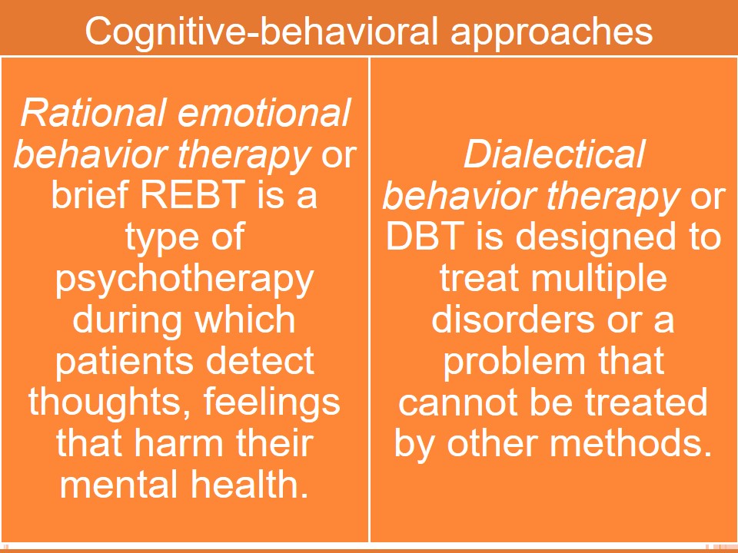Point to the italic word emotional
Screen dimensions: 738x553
click(x=264, y=112)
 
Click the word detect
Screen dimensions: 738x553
click(x=260, y=360)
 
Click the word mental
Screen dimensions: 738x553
click(x=121, y=485)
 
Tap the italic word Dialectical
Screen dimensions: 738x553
click(x=554, y=154)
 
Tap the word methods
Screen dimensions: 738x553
click(x=630, y=443)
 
